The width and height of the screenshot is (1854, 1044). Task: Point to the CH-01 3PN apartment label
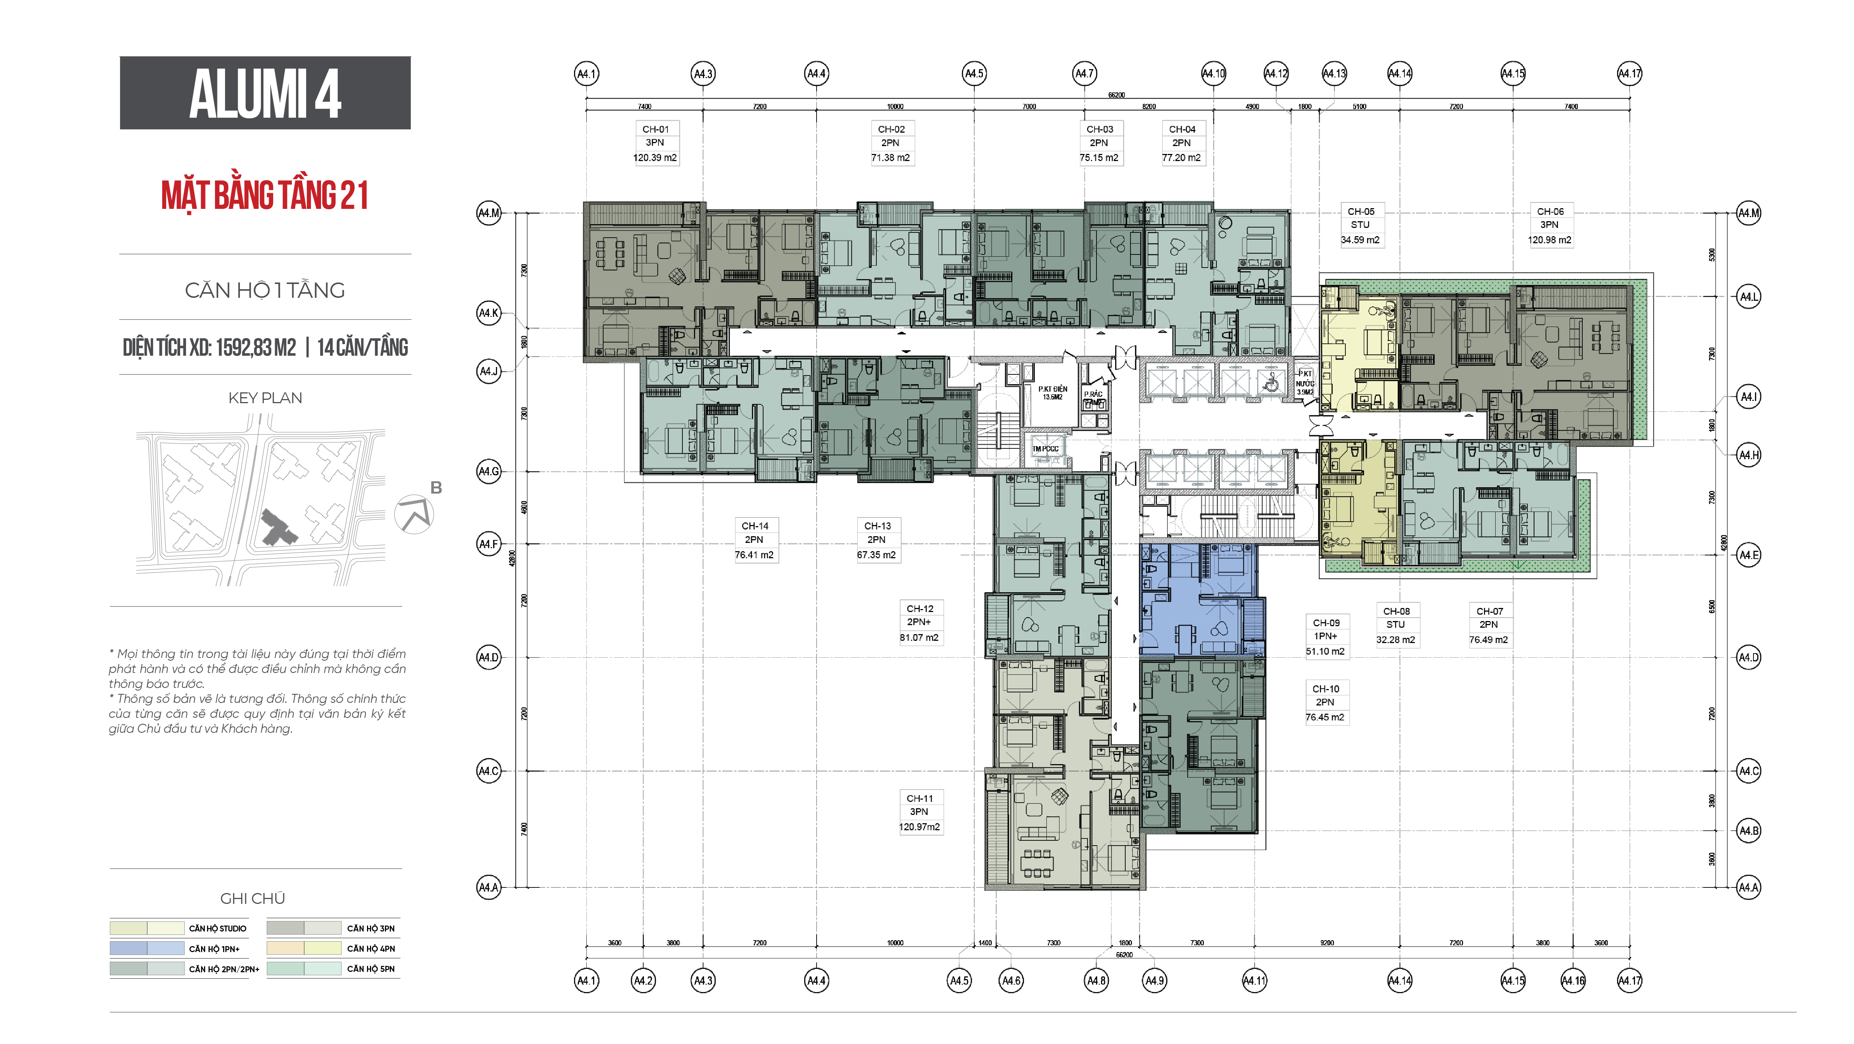tap(655, 142)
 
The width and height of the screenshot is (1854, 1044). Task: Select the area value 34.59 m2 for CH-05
tap(1360, 240)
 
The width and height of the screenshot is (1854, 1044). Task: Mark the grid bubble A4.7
tap(1084, 73)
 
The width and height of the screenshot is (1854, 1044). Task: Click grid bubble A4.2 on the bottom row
tap(643, 980)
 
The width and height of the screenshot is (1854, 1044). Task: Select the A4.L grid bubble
tap(1748, 296)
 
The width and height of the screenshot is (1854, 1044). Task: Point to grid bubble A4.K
tap(489, 313)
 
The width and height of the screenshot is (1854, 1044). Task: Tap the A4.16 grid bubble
tap(1573, 980)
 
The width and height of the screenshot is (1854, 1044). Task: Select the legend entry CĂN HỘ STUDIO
tap(218, 928)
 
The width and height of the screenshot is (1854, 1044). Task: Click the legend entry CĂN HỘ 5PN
tap(371, 969)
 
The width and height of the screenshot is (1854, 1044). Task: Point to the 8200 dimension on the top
tap(1149, 106)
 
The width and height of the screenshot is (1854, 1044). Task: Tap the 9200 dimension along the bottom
tap(1326, 942)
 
